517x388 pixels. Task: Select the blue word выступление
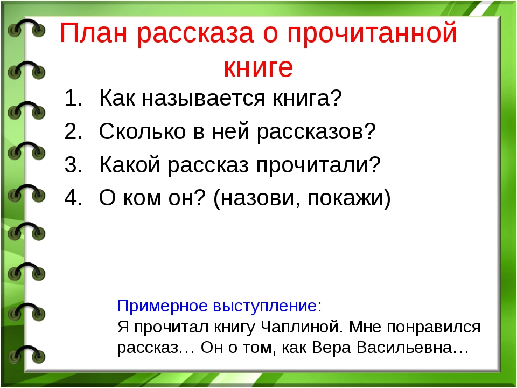[x=266, y=307]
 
